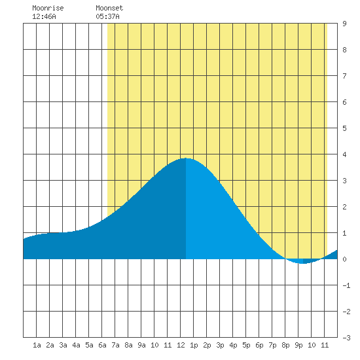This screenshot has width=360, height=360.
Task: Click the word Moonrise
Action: tap(48, 8)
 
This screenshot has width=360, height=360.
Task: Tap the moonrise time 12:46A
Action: tap(44, 16)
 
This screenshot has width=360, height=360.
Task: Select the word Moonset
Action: tap(109, 8)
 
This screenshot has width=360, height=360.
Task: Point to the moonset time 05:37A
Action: tap(108, 16)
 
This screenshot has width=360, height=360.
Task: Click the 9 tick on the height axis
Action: tap(344, 24)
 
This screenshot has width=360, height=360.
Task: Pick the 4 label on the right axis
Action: tap(344, 154)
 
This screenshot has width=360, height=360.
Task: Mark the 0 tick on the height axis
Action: tap(344, 259)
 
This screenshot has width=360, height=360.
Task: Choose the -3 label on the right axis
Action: tap(346, 338)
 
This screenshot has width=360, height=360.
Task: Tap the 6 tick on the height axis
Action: tap(344, 102)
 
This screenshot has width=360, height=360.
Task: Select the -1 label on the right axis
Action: tap(346, 285)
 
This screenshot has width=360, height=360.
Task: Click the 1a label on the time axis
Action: tap(37, 345)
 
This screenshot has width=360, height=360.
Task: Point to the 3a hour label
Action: tap(63, 345)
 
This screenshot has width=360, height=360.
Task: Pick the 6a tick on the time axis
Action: tap(102, 345)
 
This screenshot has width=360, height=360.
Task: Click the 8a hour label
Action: tap(128, 345)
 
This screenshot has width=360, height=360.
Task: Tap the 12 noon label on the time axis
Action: tap(181, 345)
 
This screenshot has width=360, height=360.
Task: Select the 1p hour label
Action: tap(194, 345)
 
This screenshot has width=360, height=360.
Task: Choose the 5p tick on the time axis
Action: tap(246, 345)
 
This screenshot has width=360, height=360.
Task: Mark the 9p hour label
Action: tap(298, 345)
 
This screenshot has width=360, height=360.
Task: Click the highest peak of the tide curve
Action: tap(185, 158)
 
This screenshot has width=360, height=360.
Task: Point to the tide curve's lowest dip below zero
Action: tap(303, 263)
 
